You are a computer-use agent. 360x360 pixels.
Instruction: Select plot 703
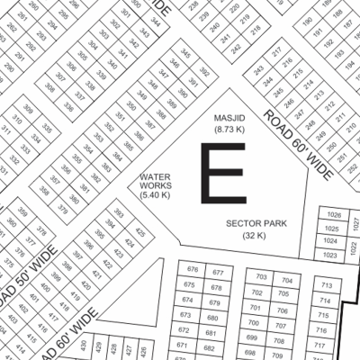(263, 277)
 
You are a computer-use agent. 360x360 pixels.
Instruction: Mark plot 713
(326, 286)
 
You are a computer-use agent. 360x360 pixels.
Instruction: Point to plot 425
(140, 231)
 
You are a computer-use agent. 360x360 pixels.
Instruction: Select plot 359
(21, 213)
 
